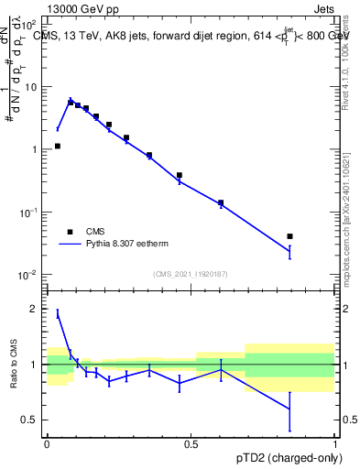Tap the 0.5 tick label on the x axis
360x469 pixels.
click(x=191, y=442)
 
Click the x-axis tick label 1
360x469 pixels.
click(x=335, y=442)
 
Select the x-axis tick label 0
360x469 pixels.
click(x=47, y=442)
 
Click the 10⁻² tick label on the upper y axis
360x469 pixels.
click(x=29, y=275)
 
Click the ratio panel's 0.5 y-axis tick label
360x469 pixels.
click(x=31, y=420)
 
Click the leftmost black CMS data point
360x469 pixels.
click(x=58, y=146)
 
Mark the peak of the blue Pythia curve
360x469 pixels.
click(x=71, y=99)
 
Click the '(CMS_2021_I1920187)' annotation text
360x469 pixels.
click(x=191, y=274)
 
